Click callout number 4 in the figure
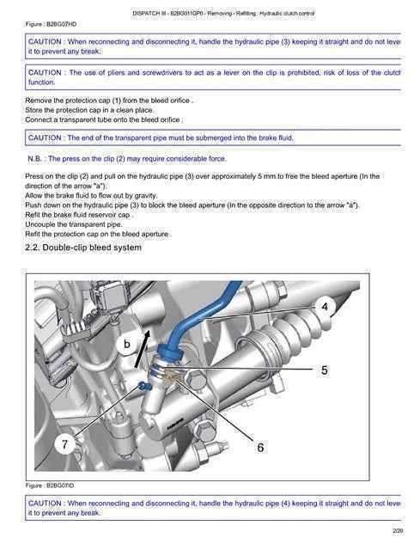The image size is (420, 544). [325, 307]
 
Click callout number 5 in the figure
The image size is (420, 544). [325, 370]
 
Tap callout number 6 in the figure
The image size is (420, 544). [260, 448]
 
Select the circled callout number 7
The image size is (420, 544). [65, 444]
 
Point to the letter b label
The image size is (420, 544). [127, 344]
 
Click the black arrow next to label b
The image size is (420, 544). [143, 348]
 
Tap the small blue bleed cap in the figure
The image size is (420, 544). [143, 385]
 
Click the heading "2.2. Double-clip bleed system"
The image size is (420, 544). [83, 248]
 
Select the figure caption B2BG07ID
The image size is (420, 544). [50, 486]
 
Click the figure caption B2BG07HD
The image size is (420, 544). [51, 24]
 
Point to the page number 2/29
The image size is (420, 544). [398, 531]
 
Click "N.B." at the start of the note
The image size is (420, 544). [34, 159]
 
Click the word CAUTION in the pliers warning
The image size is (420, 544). [45, 73]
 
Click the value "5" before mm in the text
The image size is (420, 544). [259, 176]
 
